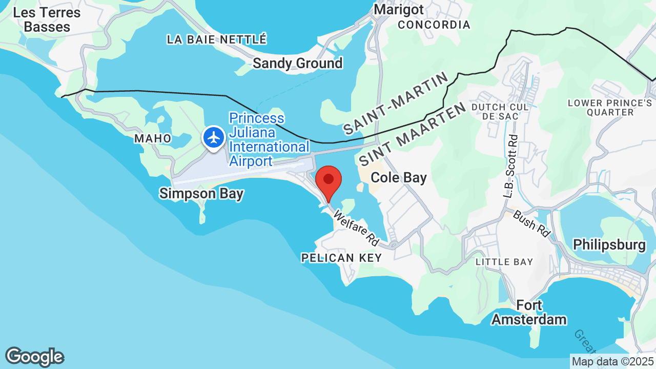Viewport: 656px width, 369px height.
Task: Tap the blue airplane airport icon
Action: point(214,138)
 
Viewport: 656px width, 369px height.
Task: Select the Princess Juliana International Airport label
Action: point(269,140)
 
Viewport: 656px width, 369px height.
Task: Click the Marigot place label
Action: point(399,10)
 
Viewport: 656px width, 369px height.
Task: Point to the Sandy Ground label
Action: point(298,64)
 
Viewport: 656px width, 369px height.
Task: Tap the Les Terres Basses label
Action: point(47,19)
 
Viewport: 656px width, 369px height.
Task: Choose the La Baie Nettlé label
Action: point(217,39)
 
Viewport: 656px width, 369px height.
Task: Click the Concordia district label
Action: point(434,25)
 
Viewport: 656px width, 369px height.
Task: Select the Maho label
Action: point(153,139)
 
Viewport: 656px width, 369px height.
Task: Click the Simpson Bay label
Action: point(201,194)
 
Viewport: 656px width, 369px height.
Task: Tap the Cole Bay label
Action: point(399,178)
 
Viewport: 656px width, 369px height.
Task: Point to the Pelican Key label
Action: point(341,258)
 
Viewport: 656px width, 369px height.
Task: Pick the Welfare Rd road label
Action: point(356,228)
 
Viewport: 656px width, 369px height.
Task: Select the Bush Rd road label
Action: point(530,223)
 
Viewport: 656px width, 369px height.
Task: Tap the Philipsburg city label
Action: point(609,244)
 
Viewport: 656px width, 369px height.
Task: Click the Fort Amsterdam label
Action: point(529,313)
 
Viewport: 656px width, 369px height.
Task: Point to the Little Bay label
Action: point(504,262)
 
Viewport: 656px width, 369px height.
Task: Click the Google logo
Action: point(34,357)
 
